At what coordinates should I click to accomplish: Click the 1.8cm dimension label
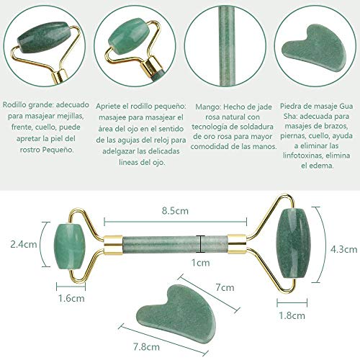pos(290,314)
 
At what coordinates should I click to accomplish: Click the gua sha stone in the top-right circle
pos(310,44)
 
